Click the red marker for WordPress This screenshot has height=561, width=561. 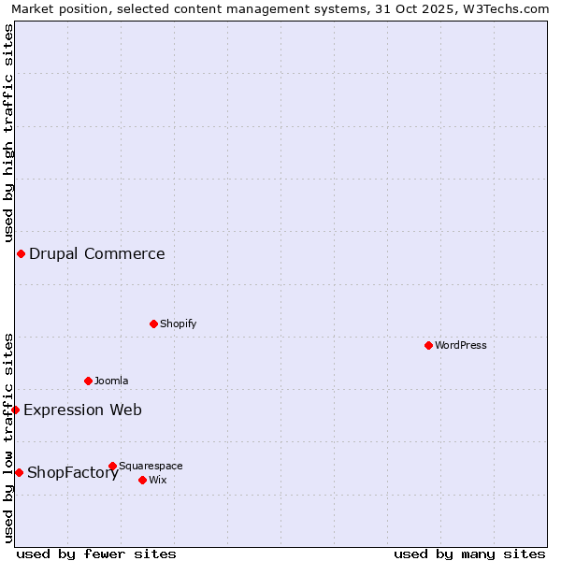428,345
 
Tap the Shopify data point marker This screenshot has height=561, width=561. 153,324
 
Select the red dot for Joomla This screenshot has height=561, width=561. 88,381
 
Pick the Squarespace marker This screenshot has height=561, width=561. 112,466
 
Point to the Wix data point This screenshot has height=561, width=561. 142,480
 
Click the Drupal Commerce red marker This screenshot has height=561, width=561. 21,253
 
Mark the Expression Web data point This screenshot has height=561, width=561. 15,410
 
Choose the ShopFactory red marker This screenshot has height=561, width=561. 19,472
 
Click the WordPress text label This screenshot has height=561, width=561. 461,345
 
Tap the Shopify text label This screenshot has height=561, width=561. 179,324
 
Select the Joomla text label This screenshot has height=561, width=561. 111,381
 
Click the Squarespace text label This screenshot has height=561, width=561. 151,466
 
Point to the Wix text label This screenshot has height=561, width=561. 158,480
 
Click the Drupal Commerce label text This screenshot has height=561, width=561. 97,253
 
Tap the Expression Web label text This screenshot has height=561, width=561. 83,410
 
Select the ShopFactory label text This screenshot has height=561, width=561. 73,472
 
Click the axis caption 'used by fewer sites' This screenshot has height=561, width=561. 96,554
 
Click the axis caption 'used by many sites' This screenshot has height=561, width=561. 469,554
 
